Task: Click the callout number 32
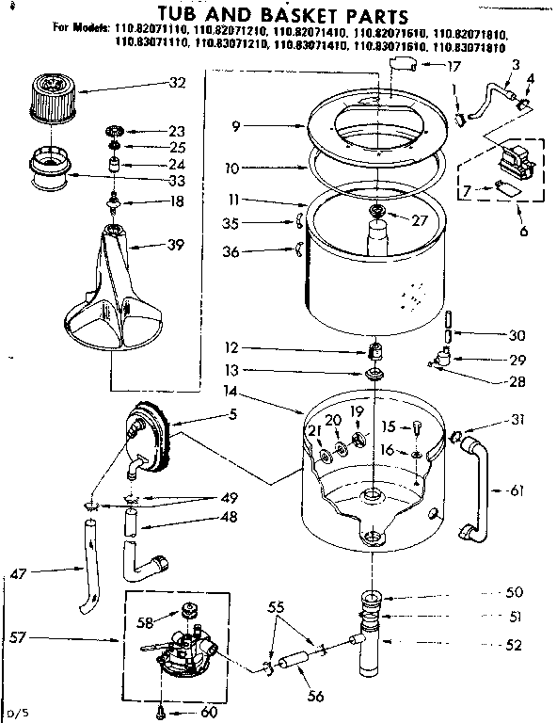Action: (x=178, y=82)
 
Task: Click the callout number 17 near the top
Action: (x=454, y=66)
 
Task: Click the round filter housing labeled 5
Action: (x=148, y=439)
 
